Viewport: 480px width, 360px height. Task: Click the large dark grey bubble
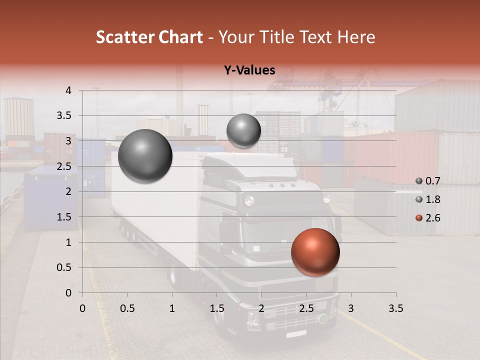pos(145,156)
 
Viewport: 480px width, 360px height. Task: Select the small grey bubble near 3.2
pos(243,130)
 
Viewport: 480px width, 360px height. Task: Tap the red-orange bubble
pos(315,252)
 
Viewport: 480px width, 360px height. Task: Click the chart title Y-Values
pos(249,71)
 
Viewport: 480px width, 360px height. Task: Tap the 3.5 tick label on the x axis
pos(395,308)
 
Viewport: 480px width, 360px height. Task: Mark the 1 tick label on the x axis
pos(172,308)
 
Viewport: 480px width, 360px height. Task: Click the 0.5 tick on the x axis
pos(127,308)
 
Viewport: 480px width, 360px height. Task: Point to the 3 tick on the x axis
pos(351,308)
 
